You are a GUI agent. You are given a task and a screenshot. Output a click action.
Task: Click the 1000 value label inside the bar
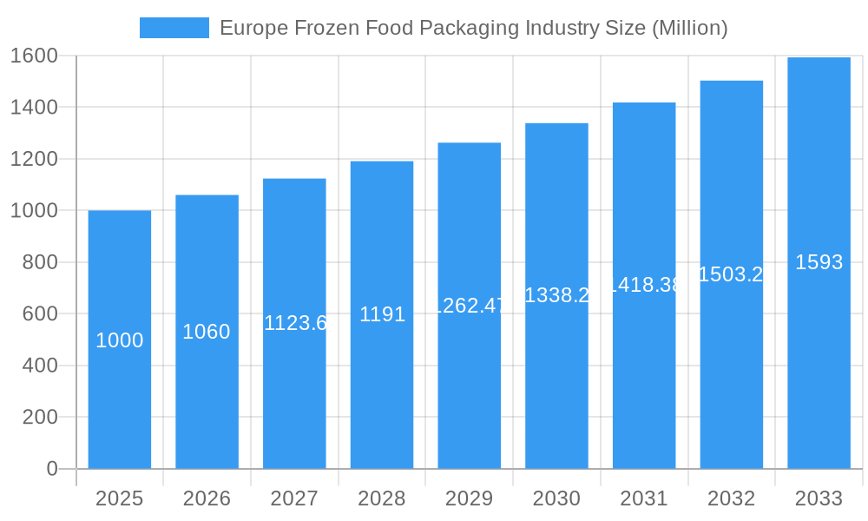[120, 340]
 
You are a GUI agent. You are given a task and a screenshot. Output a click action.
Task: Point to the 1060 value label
[207, 332]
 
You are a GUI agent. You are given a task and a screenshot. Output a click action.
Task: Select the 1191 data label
[382, 314]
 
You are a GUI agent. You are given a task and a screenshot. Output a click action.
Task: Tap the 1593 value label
[819, 262]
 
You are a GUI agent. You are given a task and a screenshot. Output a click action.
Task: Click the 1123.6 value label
[295, 323]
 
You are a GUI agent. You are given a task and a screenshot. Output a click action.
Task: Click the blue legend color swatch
[174, 28]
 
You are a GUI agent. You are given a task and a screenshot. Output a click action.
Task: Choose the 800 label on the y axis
[39, 262]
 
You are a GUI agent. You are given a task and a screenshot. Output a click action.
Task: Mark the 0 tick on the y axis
[51, 469]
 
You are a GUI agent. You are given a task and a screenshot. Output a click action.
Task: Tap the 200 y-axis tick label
[39, 417]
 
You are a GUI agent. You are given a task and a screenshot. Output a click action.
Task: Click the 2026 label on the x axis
[207, 498]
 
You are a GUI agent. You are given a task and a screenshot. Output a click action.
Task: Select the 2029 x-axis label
[469, 498]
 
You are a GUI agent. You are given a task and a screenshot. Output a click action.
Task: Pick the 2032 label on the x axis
[731, 498]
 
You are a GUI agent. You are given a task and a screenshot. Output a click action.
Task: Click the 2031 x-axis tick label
[644, 498]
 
